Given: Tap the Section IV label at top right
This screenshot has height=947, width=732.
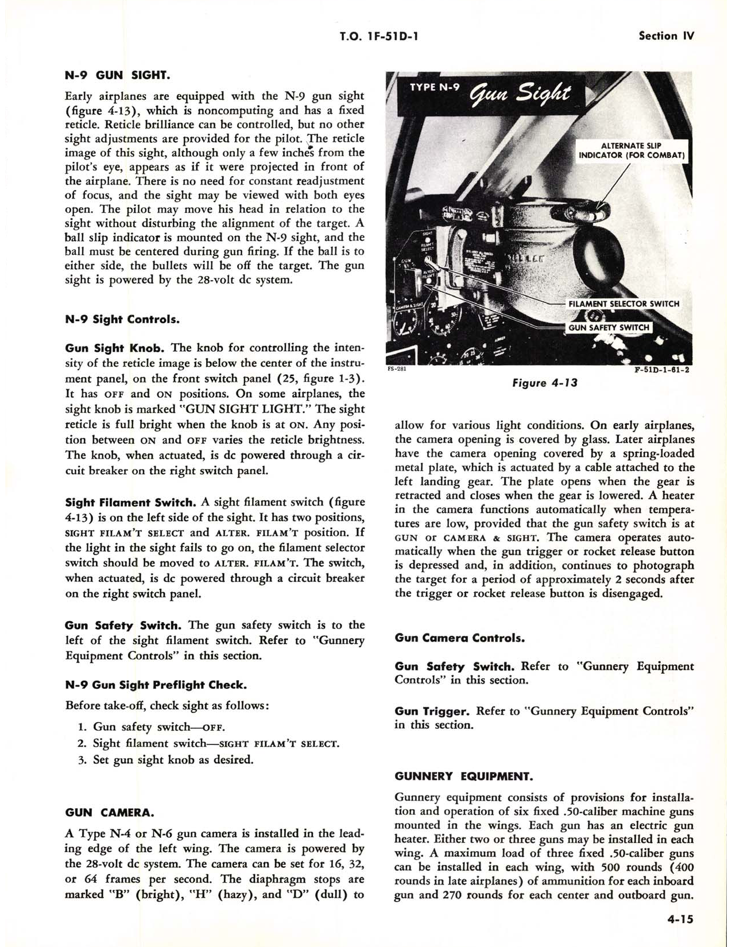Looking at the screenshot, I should pyautogui.click(x=666, y=36).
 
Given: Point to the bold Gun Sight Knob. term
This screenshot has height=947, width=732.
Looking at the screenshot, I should pyautogui.click(x=115, y=348).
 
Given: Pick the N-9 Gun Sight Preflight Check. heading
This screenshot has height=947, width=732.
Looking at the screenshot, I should pyautogui.click(x=156, y=685).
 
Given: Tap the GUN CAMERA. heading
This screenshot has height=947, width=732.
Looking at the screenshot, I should pyautogui.click(x=109, y=813).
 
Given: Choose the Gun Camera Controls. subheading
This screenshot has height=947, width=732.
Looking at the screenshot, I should pyautogui.click(x=459, y=638).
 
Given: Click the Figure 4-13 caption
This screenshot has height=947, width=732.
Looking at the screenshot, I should pyautogui.click(x=544, y=383).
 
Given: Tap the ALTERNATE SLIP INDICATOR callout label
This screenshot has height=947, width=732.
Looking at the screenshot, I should pyautogui.click(x=632, y=150).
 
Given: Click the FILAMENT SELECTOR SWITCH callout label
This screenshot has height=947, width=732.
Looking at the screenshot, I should pyautogui.click(x=623, y=304).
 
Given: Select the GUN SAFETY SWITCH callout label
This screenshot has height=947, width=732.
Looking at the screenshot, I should pyautogui.click(x=609, y=327).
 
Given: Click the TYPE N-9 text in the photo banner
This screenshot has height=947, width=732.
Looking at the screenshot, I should pyautogui.click(x=435, y=88).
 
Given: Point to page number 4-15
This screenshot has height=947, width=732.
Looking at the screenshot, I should pyautogui.click(x=680, y=919).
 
